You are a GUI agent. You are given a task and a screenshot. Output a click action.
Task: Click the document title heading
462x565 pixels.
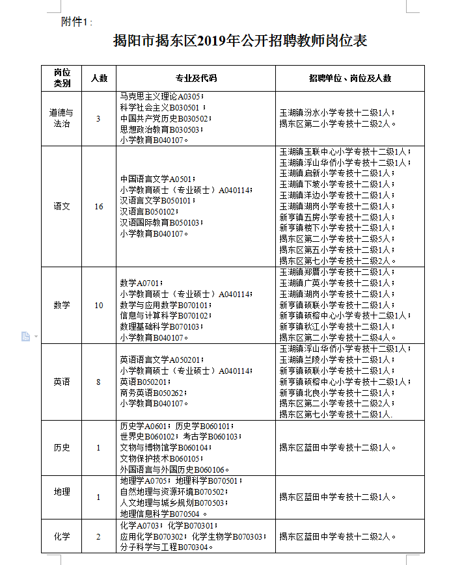[240, 42]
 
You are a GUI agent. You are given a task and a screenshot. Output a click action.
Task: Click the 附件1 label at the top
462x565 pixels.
[76, 21]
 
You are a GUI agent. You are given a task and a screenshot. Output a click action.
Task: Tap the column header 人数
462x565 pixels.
[99, 78]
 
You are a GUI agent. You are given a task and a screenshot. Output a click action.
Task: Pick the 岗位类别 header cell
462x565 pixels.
[62, 78]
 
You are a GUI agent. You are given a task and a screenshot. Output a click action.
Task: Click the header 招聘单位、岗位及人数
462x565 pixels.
[349, 78]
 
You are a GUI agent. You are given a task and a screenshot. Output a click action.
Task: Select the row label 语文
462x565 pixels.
[62, 207]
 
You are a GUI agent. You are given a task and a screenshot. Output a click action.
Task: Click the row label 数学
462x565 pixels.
[62, 305]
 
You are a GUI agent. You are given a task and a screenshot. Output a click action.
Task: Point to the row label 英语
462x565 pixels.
[62, 382]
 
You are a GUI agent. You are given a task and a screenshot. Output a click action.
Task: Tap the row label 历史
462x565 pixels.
[62, 447]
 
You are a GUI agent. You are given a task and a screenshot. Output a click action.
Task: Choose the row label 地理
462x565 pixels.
[62, 492]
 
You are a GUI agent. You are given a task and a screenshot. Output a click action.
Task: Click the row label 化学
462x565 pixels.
[62, 536]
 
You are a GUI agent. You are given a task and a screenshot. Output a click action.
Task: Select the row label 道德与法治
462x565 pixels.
[62, 118]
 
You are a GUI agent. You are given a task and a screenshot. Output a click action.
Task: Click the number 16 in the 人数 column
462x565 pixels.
[99, 207]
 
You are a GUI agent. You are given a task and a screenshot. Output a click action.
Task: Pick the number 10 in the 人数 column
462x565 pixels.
[99, 305]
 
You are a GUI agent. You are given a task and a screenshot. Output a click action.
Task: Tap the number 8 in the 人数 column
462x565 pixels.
[99, 382]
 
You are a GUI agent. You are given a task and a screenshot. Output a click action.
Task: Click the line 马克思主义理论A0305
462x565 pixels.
[159, 97]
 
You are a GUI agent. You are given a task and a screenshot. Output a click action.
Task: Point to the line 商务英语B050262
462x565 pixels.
[154, 393]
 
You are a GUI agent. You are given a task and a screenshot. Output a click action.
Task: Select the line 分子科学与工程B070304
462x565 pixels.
[167, 547]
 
